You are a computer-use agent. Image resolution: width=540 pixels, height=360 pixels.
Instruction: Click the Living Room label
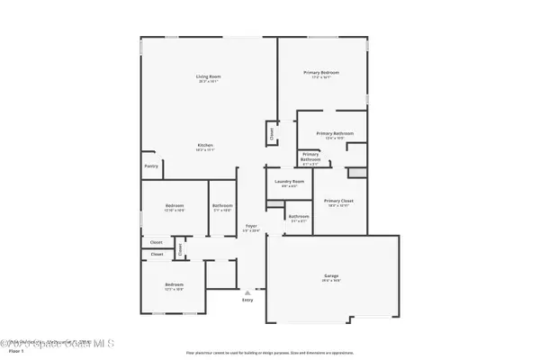pos(209,77)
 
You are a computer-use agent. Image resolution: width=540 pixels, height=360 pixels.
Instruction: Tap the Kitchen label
pos(205,146)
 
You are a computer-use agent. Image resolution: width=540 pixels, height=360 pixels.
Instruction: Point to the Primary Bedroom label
pos(321,72)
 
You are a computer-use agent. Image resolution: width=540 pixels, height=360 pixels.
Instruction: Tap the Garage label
pos(331,276)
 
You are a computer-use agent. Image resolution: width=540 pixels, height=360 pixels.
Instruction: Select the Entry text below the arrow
pos(247,300)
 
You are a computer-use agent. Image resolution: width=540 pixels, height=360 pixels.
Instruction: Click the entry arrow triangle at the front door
pos(247,292)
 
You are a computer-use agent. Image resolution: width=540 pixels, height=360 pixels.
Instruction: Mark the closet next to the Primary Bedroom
pos(270,134)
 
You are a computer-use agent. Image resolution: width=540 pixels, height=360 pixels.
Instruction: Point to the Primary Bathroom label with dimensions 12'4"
pos(334,134)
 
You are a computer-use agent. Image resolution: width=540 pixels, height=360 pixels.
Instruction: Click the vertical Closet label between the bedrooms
pos(179,249)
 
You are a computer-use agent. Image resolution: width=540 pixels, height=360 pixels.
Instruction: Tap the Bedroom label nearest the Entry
pos(173,287)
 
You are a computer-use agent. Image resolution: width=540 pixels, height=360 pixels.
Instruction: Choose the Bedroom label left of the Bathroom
pos(175,207)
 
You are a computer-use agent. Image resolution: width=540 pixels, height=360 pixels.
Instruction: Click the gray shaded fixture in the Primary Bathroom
pos(357,174)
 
